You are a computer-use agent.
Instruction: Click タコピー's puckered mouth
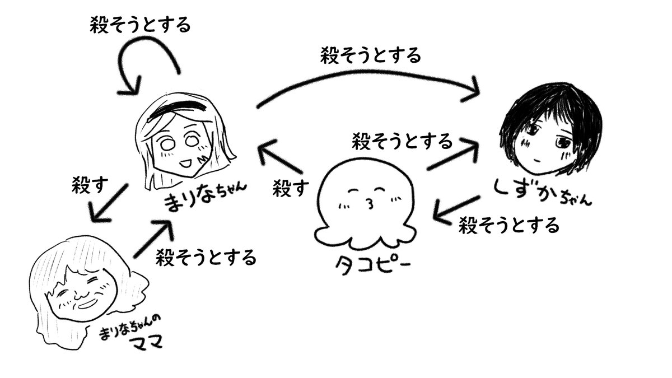[369, 201]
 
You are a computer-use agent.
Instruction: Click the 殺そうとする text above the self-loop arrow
[140, 25]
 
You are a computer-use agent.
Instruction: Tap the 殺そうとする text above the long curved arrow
[370, 55]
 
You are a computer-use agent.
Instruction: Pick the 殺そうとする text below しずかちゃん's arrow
[508, 226]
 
